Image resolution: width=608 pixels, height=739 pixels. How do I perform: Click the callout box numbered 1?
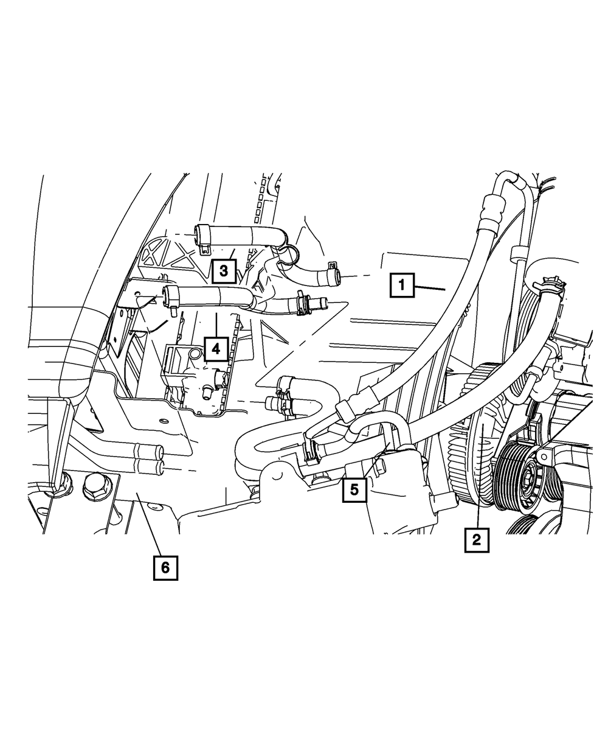coord(402,285)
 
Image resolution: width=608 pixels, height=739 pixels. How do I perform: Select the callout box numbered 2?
coord(477,539)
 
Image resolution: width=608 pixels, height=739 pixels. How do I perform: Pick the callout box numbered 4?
coord(216,349)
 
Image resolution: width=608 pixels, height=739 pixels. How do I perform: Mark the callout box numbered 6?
coord(165,567)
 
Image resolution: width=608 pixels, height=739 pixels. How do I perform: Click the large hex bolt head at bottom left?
coord(94,485)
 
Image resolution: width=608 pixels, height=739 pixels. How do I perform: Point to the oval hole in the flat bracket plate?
coord(162,421)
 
